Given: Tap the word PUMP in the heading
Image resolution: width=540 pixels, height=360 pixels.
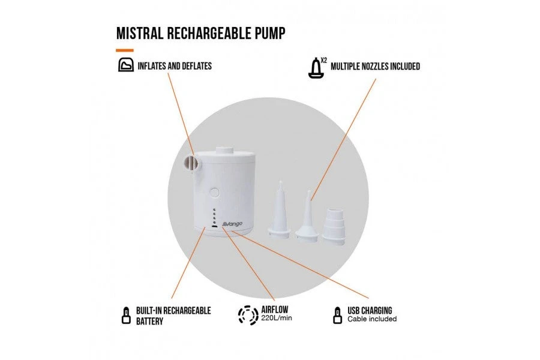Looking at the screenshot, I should (267, 33).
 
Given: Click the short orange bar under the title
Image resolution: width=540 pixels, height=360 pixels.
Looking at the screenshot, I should (125, 50).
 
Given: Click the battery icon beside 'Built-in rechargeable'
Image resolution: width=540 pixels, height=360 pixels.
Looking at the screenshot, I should (126, 315).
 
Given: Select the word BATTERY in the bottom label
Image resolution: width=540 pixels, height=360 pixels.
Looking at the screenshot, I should (149, 320).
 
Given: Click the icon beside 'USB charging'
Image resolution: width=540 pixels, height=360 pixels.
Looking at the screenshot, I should (337, 315).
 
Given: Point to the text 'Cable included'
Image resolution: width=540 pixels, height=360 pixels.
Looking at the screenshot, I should (372, 319).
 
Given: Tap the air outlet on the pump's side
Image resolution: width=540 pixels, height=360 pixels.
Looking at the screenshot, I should (190, 163).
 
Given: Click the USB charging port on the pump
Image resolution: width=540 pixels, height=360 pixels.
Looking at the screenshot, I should (214, 227).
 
